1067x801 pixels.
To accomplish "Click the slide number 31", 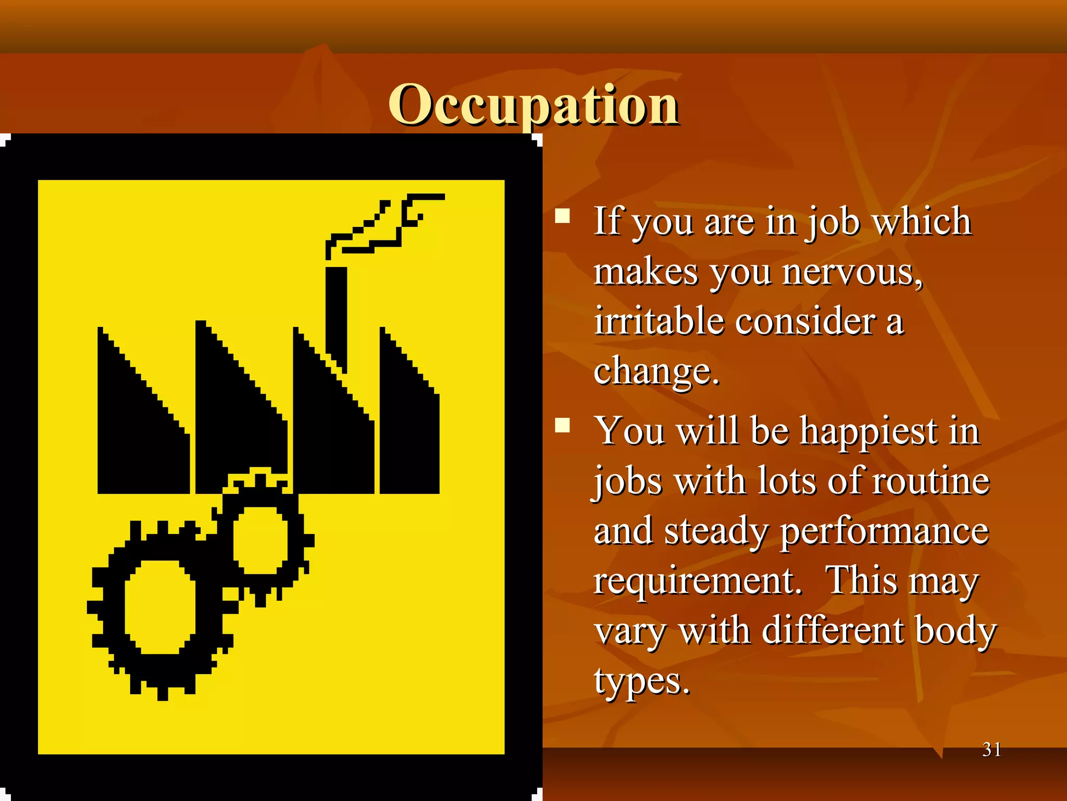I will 991,749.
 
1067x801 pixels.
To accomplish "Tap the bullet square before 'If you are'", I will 562,216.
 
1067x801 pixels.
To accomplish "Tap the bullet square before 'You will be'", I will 562,426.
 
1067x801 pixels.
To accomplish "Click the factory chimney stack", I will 336,313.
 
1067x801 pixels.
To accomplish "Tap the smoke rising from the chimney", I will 386,224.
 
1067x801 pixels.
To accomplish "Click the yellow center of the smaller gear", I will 259,540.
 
